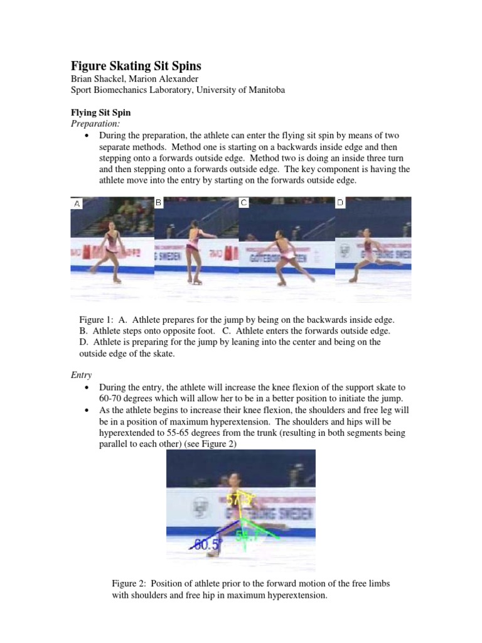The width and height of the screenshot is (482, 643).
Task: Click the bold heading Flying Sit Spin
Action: [x=100, y=113]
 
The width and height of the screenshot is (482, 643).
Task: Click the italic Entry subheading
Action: [x=80, y=375]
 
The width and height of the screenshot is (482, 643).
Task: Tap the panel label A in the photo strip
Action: [x=77, y=203]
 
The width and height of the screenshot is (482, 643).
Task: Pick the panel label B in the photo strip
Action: [x=159, y=202]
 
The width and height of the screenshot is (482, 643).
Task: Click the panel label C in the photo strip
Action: [x=244, y=202]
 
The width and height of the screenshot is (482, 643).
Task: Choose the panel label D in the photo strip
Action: [x=340, y=202]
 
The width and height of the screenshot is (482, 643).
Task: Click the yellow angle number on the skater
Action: [x=237, y=500]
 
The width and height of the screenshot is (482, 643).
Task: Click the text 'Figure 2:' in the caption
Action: [x=130, y=583]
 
